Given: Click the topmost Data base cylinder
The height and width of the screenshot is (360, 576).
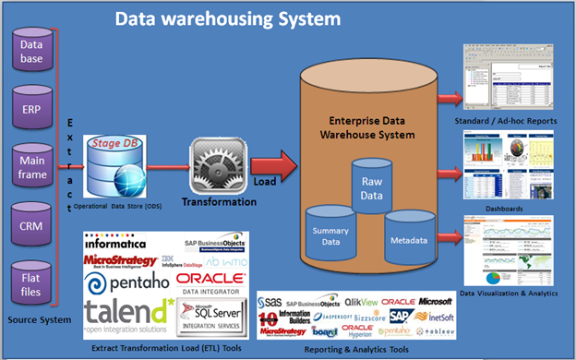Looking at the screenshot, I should (x=32, y=51).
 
